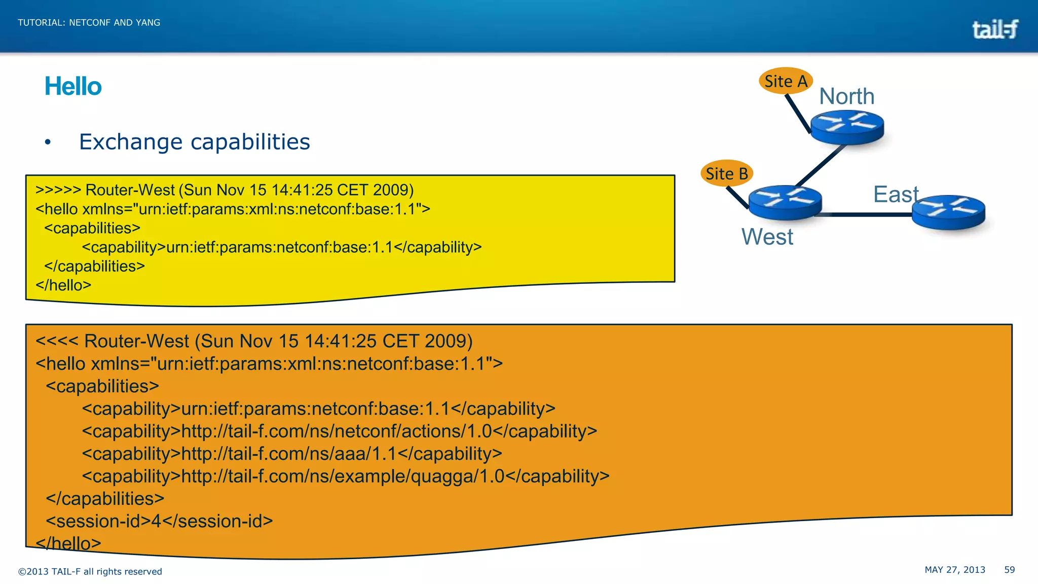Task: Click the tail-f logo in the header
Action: point(995,29)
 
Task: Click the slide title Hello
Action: point(73,86)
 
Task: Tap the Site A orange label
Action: point(786,81)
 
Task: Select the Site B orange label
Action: point(727,173)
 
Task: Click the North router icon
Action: point(847,127)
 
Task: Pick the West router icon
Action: point(785,202)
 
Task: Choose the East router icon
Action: point(948,211)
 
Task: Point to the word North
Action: point(847,96)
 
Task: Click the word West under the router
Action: point(767,237)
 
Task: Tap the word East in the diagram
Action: point(896,194)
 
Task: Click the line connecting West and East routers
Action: point(867,215)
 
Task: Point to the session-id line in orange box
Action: point(159,521)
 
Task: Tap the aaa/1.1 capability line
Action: point(292,454)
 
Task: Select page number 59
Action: point(1009,570)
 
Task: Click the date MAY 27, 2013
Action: point(955,570)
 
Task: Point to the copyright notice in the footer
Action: point(90,571)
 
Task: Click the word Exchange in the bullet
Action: point(131,142)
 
